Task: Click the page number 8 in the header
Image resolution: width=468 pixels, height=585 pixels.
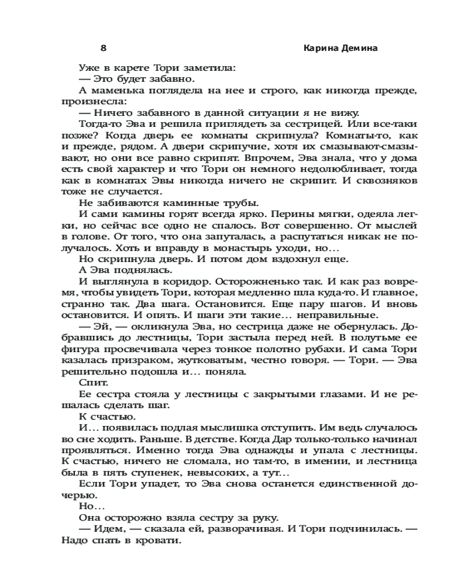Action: pyautogui.click(x=103, y=49)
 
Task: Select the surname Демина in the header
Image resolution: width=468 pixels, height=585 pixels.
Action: pyautogui.click(x=362, y=49)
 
